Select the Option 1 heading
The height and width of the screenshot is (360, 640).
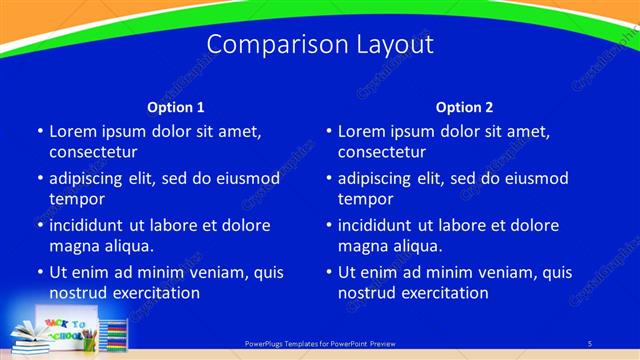[176, 107]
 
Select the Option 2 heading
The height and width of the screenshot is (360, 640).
[464, 107]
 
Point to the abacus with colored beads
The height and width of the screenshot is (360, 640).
[115, 335]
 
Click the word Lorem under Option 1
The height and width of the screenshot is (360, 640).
[73, 131]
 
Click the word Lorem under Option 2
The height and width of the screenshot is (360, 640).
[362, 131]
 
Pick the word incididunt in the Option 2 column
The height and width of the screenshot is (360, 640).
[379, 225]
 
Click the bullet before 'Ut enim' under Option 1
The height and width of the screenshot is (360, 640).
[39, 272]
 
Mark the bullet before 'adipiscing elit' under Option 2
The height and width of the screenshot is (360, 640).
[328, 178]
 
